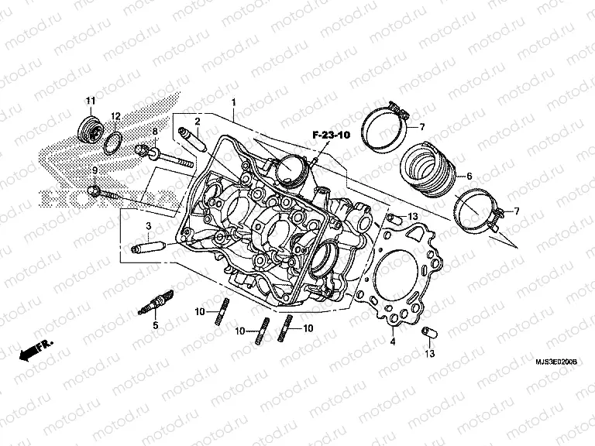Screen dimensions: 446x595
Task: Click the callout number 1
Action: (x=233, y=102)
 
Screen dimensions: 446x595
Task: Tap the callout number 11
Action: (x=90, y=101)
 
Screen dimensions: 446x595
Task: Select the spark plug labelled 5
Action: (x=156, y=304)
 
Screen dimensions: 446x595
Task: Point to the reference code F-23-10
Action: (x=332, y=136)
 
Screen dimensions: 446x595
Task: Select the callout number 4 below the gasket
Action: (x=393, y=341)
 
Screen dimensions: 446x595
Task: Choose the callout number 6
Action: (x=469, y=177)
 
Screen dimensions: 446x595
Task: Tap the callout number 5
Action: (x=155, y=326)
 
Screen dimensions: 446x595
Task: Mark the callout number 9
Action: (x=95, y=170)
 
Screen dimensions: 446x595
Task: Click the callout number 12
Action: (x=115, y=116)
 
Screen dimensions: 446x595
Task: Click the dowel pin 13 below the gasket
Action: (x=425, y=332)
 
